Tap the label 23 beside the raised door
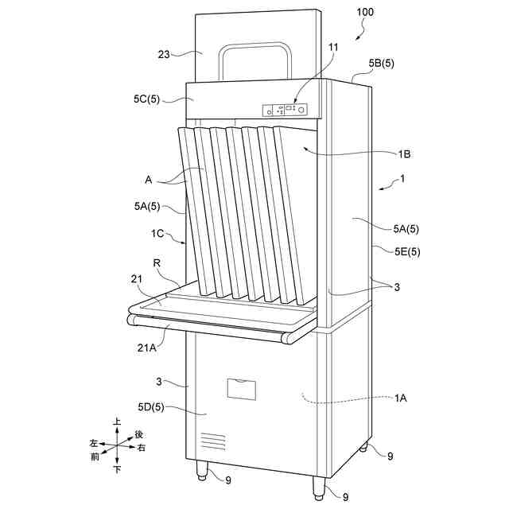tap(164, 53)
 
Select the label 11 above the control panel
tap(333, 48)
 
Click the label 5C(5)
tap(147, 99)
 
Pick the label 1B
tap(404, 153)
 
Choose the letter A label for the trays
tap(149, 180)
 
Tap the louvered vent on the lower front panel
tap(212, 440)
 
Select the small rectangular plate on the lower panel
tap(243, 388)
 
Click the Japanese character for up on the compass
tap(117, 422)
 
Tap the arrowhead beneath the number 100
tap(356, 36)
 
